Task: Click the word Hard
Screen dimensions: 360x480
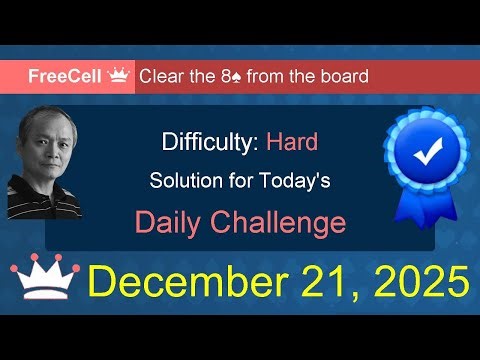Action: tap(292, 142)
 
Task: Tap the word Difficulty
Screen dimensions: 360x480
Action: tap(211, 142)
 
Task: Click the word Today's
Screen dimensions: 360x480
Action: tap(300, 182)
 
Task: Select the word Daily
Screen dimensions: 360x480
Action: tap(175, 221)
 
